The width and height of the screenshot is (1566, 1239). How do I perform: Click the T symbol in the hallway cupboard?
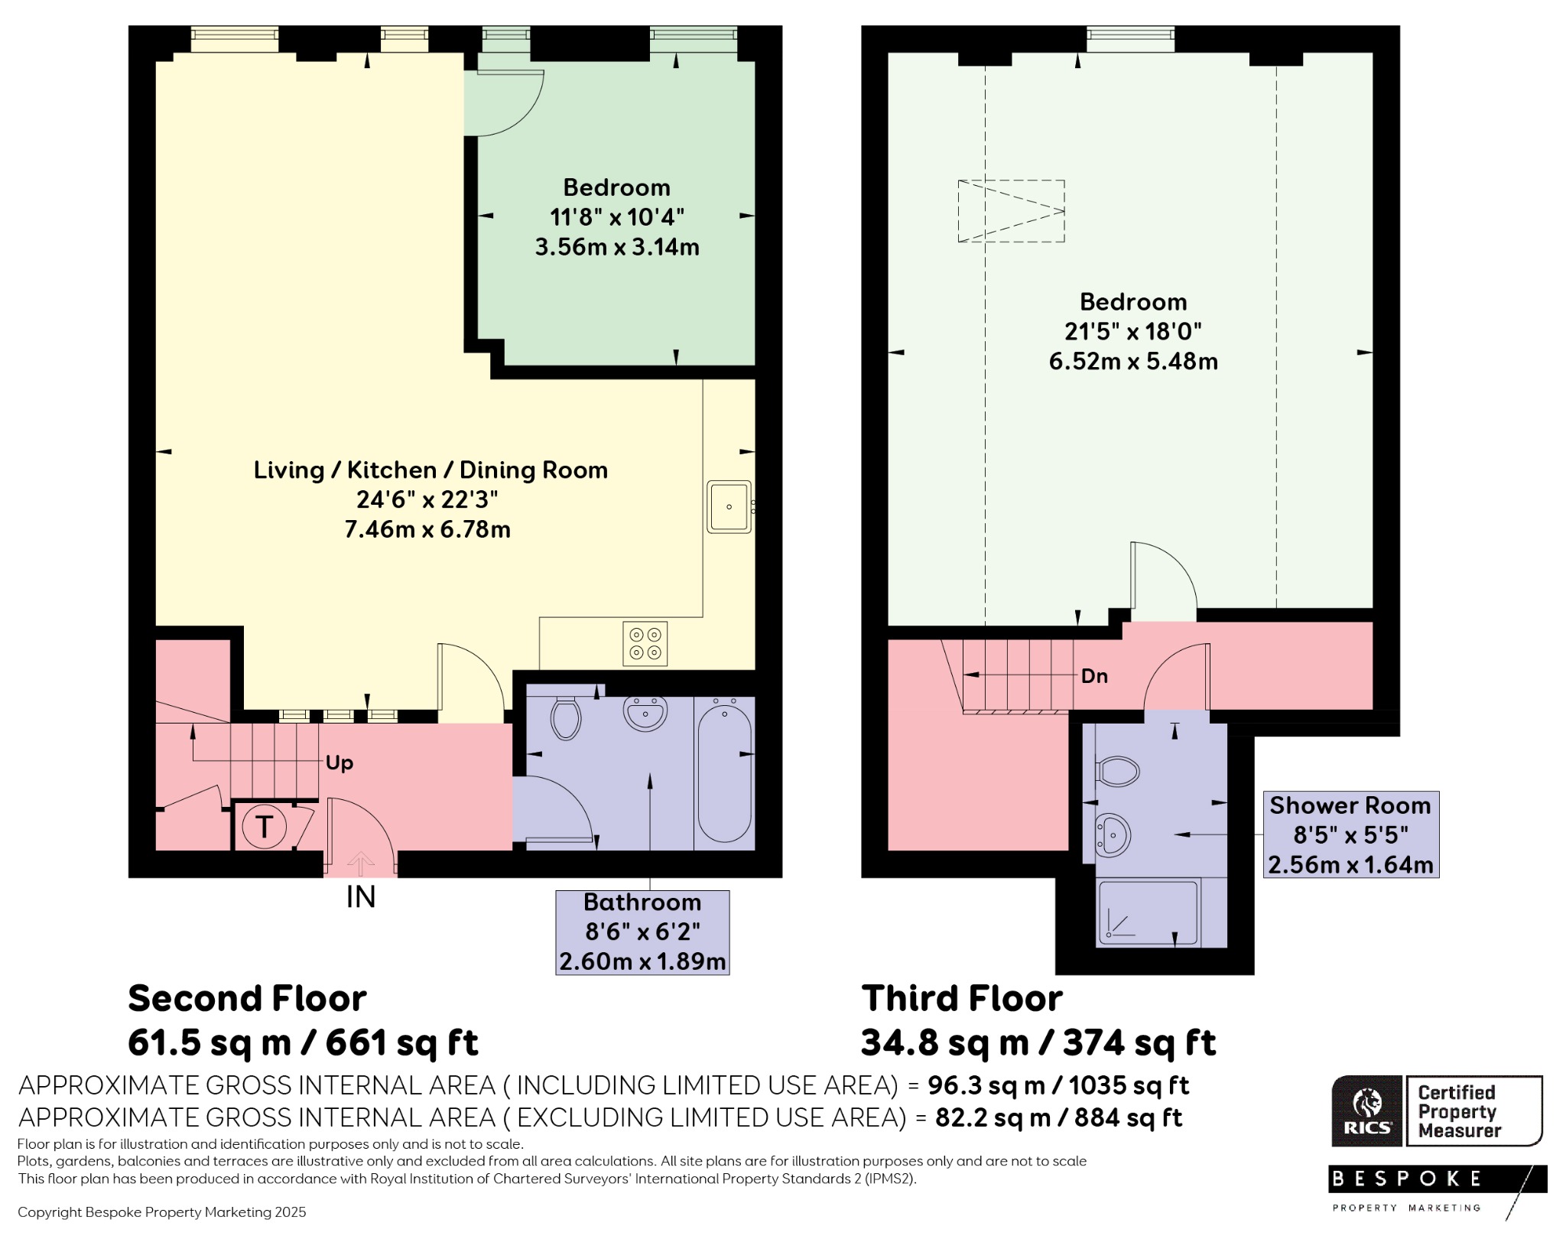(264, 827)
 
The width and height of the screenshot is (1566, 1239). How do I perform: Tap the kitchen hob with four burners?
(645, 644)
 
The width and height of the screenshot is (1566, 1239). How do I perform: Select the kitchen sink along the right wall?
(730, 506)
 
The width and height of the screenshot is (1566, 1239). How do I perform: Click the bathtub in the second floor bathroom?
(725, 772)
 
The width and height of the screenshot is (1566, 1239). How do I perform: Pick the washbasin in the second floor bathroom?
(646, 714)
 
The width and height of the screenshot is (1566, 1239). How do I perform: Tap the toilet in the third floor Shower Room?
(1118, 772)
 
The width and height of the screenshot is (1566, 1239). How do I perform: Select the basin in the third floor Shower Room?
(1113, 835)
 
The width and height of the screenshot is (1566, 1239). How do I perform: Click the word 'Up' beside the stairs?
(340, 763)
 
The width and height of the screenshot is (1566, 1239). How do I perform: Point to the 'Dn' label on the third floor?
(1094, 676)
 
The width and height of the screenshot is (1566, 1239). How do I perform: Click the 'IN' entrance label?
(361, 896)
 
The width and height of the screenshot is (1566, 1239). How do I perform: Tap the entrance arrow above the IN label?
(361, 864)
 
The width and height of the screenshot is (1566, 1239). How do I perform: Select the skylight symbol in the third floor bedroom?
(1012, 211)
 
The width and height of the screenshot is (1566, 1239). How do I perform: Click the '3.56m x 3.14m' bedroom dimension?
(617, 247)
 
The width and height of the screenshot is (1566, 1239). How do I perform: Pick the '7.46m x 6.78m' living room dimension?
(427, 529)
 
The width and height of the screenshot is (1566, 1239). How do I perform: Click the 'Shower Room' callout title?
(1350, 805)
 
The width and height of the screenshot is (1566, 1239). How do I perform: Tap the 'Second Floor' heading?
(247, 999)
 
